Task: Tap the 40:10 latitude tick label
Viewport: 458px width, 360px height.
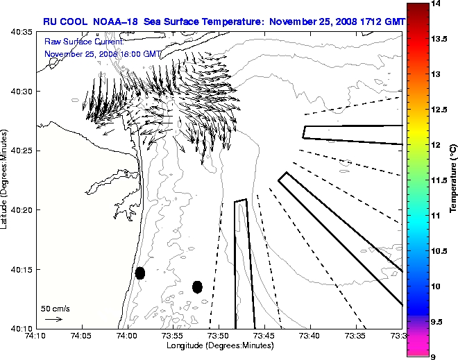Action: [20, 328]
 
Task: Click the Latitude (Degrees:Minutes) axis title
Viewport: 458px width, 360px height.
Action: [6, 180]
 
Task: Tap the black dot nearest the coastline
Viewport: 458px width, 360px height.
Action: [140, 273]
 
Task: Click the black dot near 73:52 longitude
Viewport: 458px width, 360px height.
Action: [197, 286]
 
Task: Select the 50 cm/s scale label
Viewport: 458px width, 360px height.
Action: [56, 308]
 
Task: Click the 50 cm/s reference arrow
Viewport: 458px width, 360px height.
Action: [53, 319]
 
